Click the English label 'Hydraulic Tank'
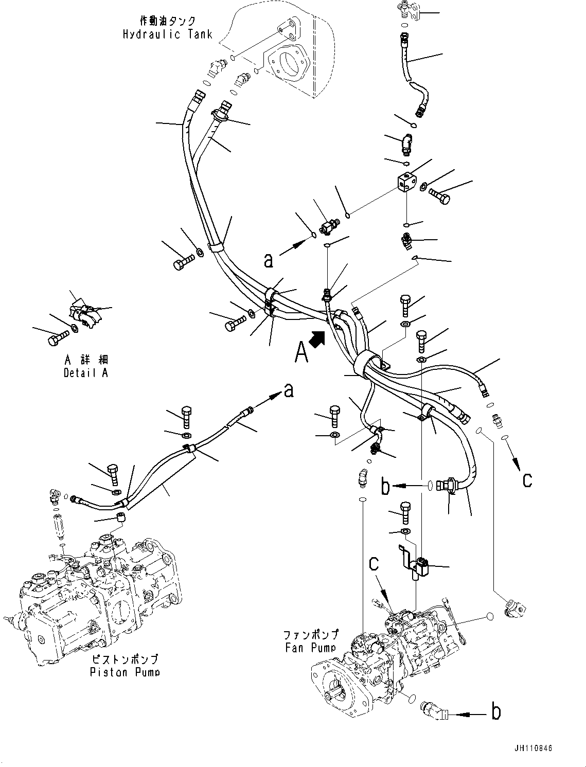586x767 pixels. (x=167, y=34)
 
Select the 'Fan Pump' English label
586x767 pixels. (x=311, y=648)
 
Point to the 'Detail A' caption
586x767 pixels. (x=86, y=373)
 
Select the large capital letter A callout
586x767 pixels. (x=301, y=352)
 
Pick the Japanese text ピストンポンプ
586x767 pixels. (x=125, y=659)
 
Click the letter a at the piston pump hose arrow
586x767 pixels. (x=289, y=391)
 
